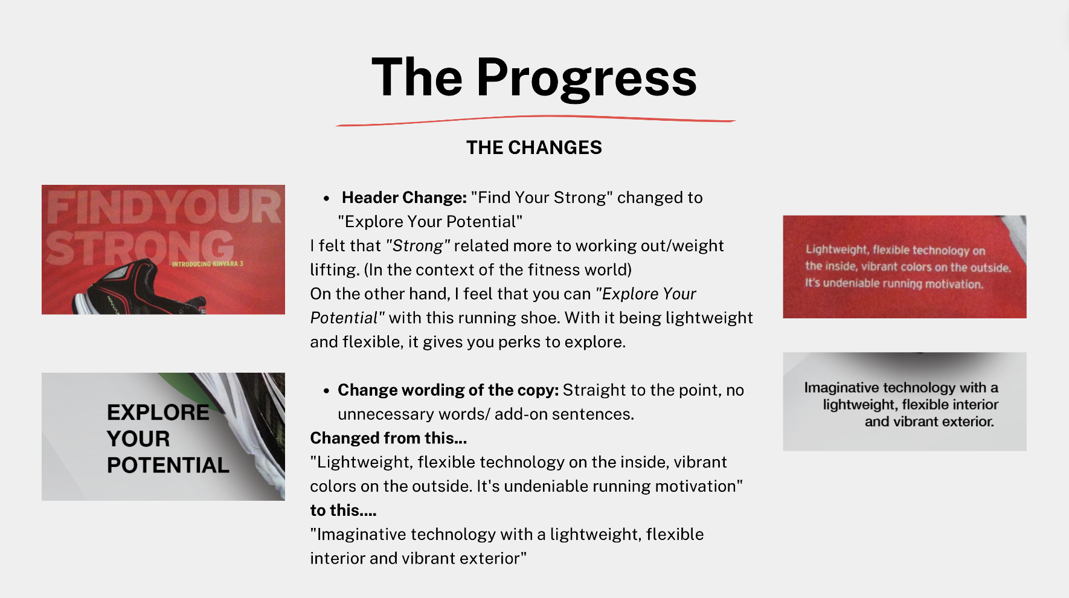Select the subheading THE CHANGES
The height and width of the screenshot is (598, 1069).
tap(534, 147)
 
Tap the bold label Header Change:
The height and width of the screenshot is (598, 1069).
tap(404, 198)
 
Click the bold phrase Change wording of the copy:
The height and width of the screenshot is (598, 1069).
tap(448, 390)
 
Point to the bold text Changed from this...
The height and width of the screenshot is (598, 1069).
tap(388, 438)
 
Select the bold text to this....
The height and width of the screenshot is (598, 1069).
tap(343, 510)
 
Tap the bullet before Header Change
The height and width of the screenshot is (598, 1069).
tap(326, 199)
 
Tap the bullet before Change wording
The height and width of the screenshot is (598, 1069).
tap(326, 391)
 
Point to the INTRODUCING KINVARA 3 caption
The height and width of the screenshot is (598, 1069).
tap(207, 264)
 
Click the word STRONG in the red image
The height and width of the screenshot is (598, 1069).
tap(140, 248)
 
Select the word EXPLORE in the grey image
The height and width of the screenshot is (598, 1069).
tap(158, 413)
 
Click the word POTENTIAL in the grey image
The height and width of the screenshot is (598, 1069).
tap(168, 465)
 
